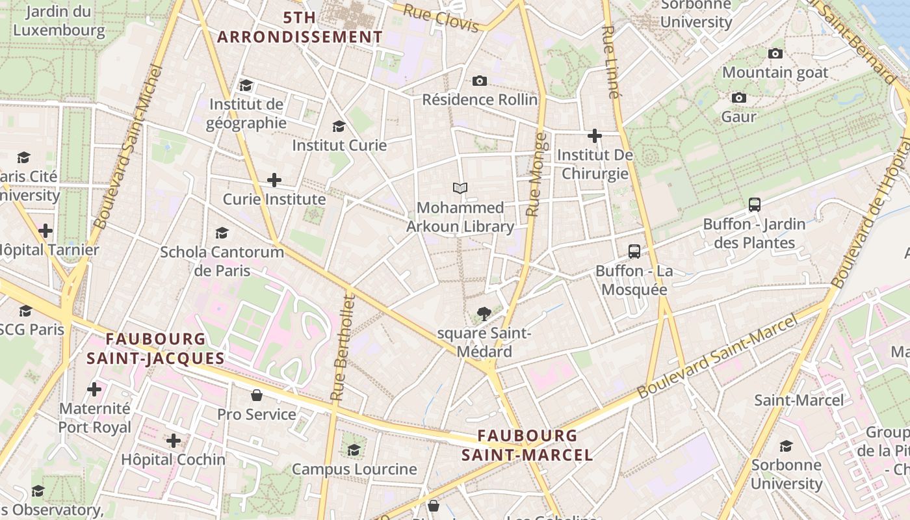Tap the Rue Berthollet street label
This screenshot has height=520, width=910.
coord(343,348)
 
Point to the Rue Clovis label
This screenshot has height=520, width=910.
coord(440,18)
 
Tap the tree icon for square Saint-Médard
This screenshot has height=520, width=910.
coord(484,315)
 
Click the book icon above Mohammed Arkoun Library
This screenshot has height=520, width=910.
coord(460,188)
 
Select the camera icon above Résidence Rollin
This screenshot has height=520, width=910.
coord(480,81)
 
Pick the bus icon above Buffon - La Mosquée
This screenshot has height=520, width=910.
coord(634,252)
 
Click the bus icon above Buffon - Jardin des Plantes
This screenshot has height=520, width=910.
coord(755,205)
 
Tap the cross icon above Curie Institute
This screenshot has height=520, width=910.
coord(274,180)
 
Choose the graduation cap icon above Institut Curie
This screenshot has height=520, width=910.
coord(339,126)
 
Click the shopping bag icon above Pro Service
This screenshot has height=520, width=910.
coord(257,395)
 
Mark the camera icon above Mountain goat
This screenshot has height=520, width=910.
coord(775,53)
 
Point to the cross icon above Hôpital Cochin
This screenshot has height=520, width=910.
coord(174,441)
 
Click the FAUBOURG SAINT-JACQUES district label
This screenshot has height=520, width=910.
coord(155,348)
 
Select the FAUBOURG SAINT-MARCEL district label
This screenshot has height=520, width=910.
coord(527,445)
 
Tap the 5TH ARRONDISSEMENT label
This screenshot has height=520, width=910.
coord(300,27)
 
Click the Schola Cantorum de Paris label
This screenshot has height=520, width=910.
coord(222,261)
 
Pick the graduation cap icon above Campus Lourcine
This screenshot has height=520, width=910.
coord(354,450)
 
